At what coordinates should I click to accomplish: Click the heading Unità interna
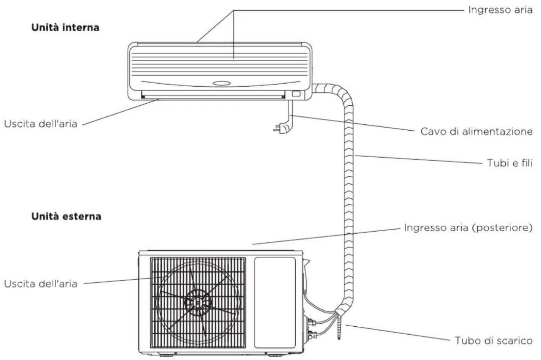pos(65,27)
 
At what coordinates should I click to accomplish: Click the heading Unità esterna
pos(66,216)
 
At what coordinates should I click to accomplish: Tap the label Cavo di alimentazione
pos(476,132)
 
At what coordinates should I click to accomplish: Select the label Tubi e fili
pos(510,163)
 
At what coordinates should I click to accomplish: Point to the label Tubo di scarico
pos(494,341)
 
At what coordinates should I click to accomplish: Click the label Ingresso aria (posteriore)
pos(468,228)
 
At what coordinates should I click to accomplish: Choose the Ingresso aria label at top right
pos(501,10)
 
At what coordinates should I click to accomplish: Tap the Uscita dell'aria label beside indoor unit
pos(40,124)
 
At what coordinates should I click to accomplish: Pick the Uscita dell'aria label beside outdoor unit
pos(40,284)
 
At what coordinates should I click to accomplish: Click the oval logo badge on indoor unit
pos(222,83)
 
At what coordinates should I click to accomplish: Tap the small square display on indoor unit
pos(296,93)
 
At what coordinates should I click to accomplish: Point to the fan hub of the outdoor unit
pos(197,303)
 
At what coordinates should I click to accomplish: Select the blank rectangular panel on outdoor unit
pos(275,303)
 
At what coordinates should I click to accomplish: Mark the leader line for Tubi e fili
pos(418,159)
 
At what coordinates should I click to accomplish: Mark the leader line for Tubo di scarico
pos(398,333)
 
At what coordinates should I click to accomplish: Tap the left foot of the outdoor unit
pos(166,356)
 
